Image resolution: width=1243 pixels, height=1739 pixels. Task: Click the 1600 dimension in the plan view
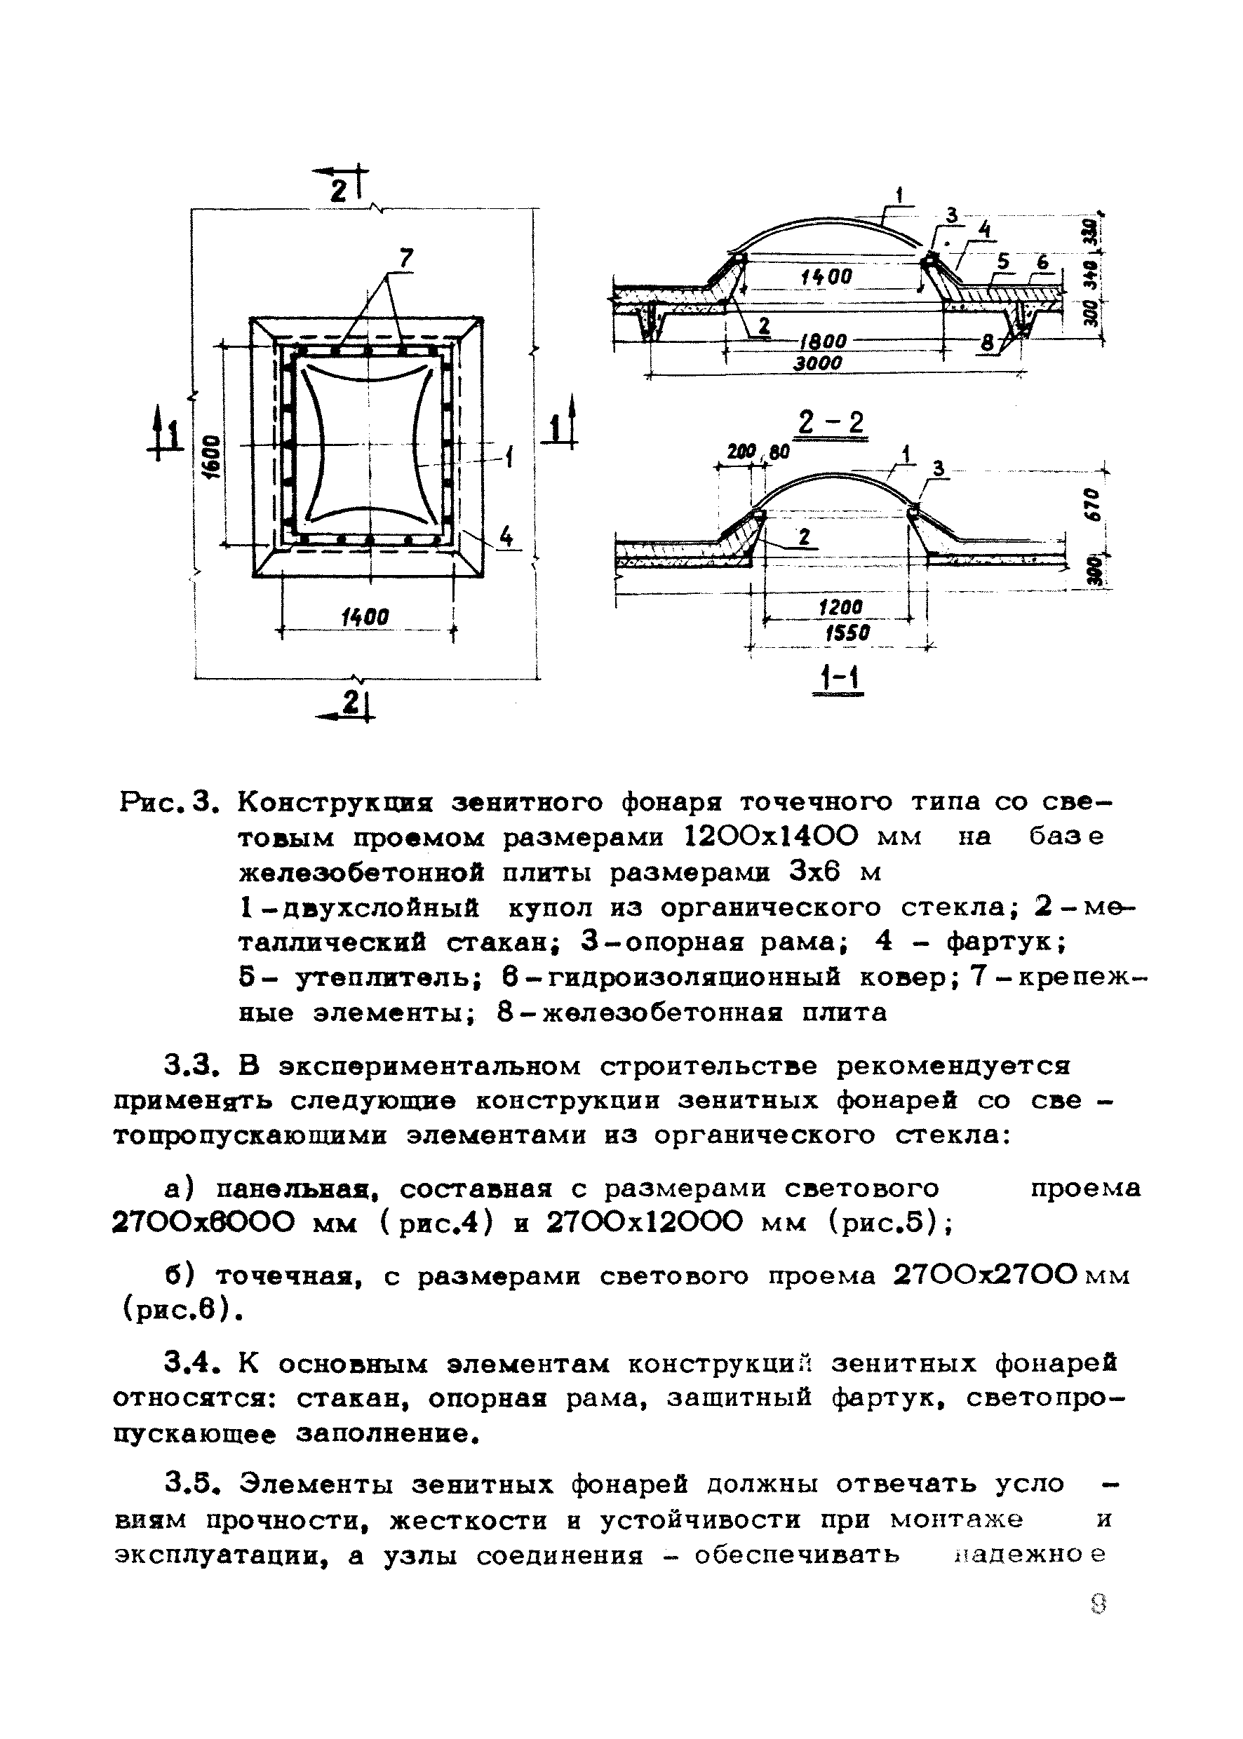[213, 455]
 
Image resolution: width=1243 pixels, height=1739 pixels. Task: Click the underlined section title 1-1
[839, 679]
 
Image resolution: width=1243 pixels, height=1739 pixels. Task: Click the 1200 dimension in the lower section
[840, 607]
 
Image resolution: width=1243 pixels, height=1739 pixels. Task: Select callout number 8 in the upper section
[988, 344]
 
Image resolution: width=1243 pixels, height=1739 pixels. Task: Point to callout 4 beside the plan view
[506, 537]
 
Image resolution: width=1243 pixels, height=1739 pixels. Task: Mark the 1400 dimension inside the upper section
[826, 277]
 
